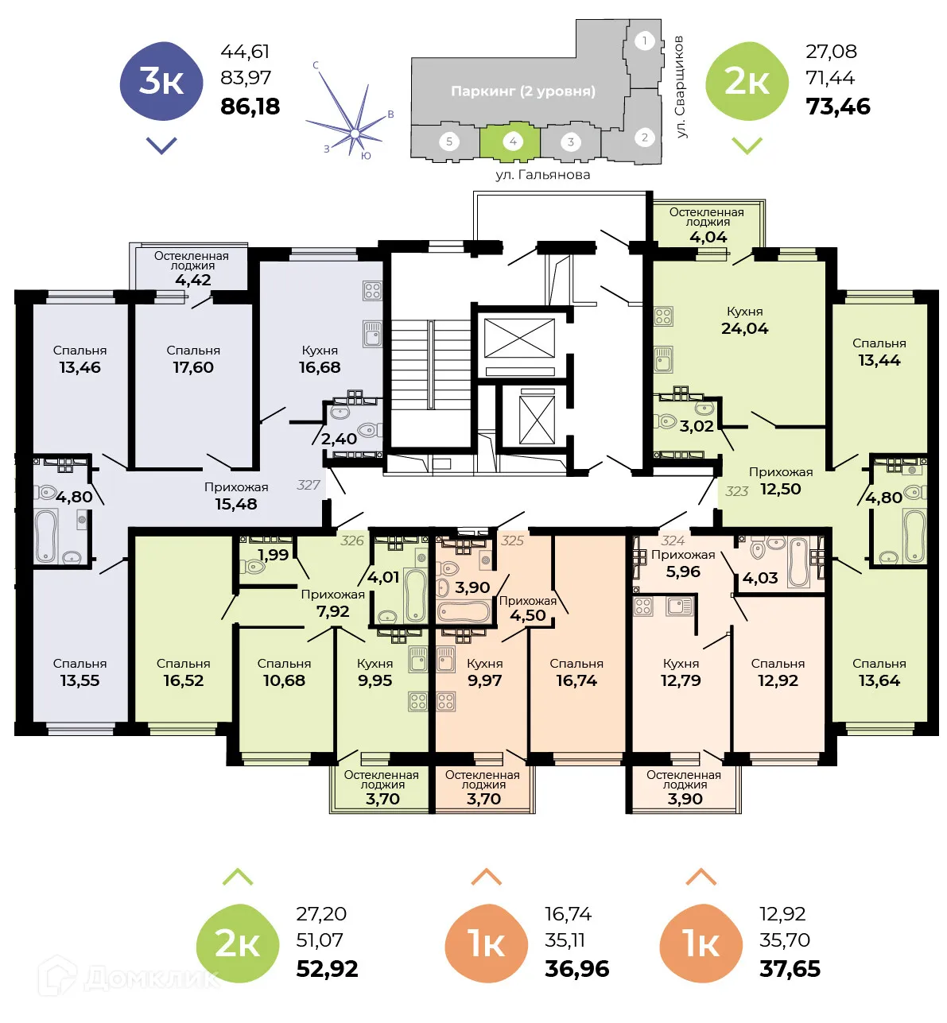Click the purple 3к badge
(x=161, y=81)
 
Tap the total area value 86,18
(x=250, y=107)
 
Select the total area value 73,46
(x=837, y=107)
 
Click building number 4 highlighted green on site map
(x=512, y=141)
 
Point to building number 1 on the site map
(x=645, y=41)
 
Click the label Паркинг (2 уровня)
(x=522, y=91)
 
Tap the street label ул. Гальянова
(x=542, y=175)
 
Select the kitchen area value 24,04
(x=744, y=329)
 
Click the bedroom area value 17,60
(x=193, y=367)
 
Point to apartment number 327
(x=309, y=485)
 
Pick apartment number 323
(x=736, y=491)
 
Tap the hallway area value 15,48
(x=236, y=504)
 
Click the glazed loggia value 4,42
(x=193, y=280)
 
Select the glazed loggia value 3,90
(x=685, y=799)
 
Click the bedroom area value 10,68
(x=284, y=680)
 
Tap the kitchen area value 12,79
(x=681, y=680)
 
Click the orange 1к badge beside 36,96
(x=487, y=944)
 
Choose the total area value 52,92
(x=327, y=969)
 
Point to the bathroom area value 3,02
(x=697, y=427)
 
